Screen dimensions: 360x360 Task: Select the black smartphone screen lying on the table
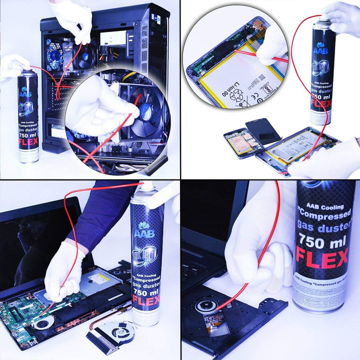tap(262, 131)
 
